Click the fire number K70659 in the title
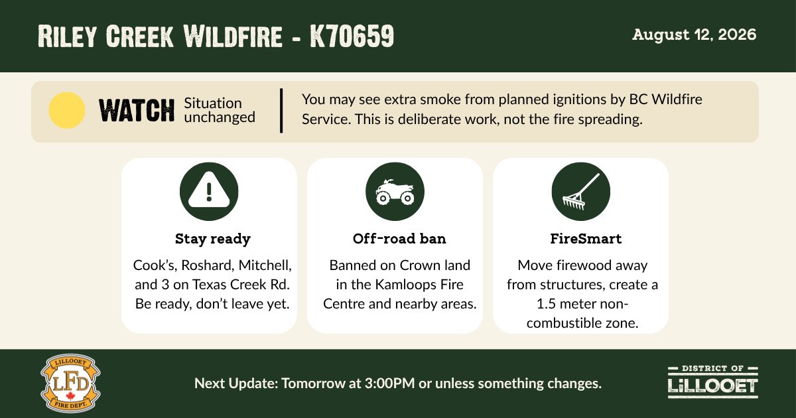click(x=352, y=36)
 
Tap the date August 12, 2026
click(x=694, y=35)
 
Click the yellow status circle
click(x=67, y=110)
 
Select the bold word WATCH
click(x=137, y=111)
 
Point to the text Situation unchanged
click(x=220, y=110)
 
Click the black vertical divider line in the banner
click(x=281, y=111)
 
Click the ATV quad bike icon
click(x=395, y=192)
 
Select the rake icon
click(x=580, y=192)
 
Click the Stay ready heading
click(x=212, y=239)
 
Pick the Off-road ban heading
click(x=399, y=238)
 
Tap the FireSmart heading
click(x=586, y=238)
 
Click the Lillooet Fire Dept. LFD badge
click(x=70, y=383)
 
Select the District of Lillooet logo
click(x=713, y=382)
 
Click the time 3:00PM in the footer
click(x=390, y=383)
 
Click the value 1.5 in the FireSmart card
click(x=545, y=304)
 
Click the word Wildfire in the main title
click(x=233, y=36)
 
